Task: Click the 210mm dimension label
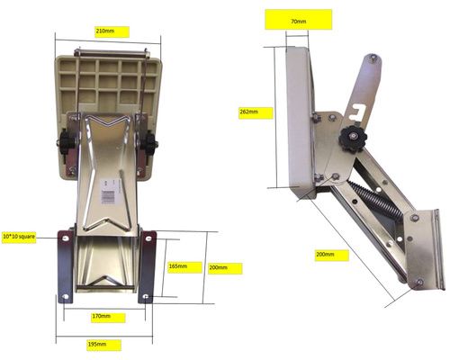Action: pyautogui.click(x=104, y=31)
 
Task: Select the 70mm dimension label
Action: pyautogui.click(x=299, y=22)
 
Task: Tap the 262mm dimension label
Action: pyautogui.click(x=249, y=112)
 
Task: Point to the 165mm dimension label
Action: pyautogui.click(x=178, y=266)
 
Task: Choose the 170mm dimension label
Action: pyautogui.click(x=102, y=316)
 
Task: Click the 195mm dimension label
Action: pyautogui.click(x=97, y=344)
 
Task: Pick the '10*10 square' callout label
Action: pyautogui.click(x=19, y=237)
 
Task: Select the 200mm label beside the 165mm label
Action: pyautogui.click(x=218, y=267)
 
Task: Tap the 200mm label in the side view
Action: pyautogui.click(x=325, y=255)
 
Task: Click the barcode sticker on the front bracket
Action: pyautogui.click(x=108, y=192)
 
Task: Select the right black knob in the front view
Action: pyautogui.click(x=149, y=144)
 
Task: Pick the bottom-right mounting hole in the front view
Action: pyautogui.click(x=146, y=297)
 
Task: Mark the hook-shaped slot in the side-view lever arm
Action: pyautogui.click(x=358, y=112)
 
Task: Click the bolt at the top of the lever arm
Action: pyautogui.click(x=373, y=58)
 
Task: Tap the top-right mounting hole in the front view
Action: pyautogui.click(x=148, y=238)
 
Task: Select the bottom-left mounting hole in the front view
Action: pyautogui.click(x=66, y=297)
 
